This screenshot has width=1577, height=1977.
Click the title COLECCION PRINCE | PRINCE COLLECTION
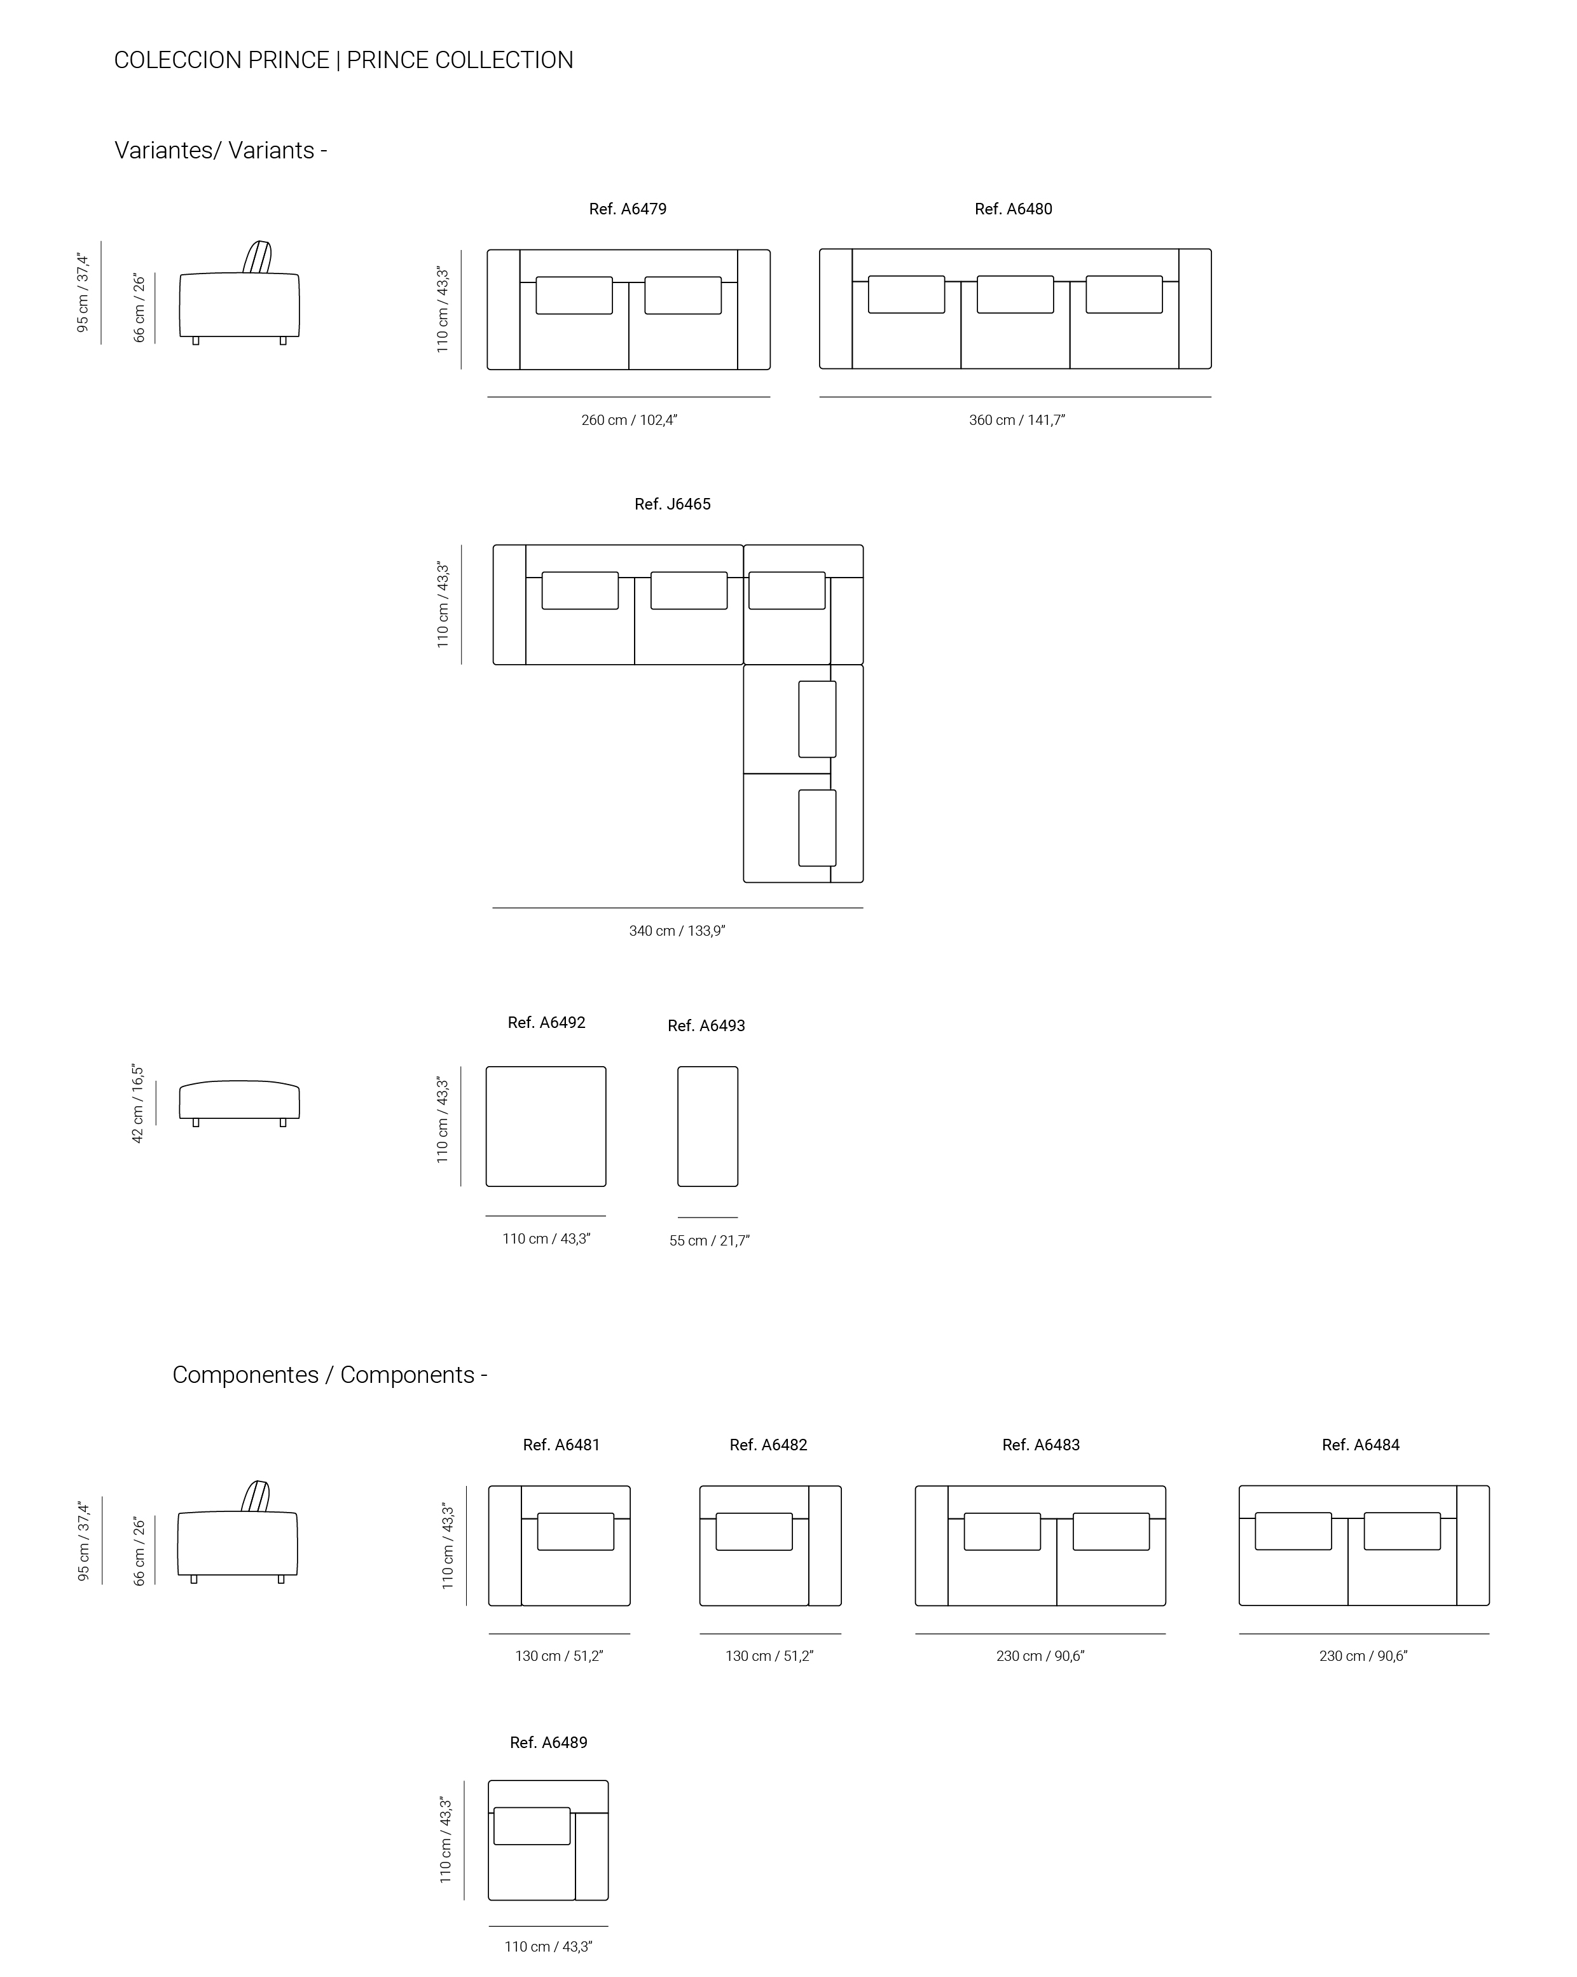point(344,60)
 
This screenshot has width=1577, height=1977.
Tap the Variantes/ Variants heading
point(221,150)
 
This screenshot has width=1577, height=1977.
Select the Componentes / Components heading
point(330,1375)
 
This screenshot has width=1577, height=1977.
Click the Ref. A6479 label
point(628,209)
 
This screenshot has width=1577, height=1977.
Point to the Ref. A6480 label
point(1013,209)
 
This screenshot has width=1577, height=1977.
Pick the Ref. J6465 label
point(673,504)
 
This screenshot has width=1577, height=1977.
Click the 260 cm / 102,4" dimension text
point(629,420)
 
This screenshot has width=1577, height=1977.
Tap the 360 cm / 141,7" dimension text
point(1017,420)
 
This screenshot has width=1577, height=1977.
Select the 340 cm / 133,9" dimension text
point(677,931)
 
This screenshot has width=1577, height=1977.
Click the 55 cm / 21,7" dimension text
point(709,1240)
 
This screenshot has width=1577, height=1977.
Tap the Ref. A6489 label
point(548,1742)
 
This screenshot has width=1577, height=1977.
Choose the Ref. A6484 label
point(1361,1445)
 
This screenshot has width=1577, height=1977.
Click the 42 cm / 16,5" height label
point(137,1103)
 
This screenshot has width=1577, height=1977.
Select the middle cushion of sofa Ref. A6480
point(1015,295)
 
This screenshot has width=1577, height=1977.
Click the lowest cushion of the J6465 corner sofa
point(817,828)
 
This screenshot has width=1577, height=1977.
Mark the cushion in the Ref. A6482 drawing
point(754,1531)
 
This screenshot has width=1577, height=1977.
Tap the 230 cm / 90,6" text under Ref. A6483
point(1040,1656)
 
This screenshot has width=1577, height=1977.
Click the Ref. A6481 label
point(561,1445)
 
